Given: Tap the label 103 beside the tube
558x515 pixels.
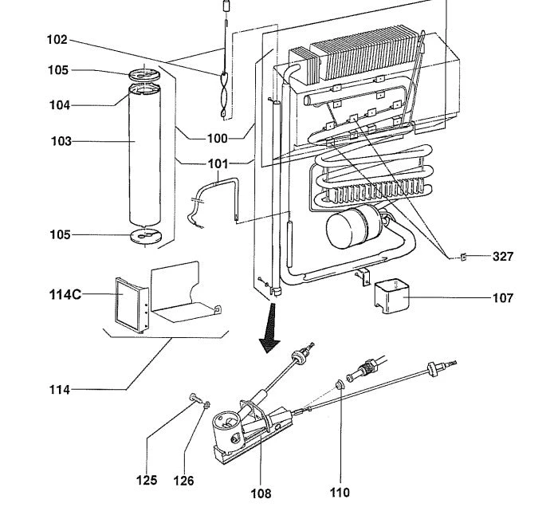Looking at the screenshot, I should (x=61, y=141).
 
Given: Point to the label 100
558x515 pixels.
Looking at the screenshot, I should (x=217, y=138).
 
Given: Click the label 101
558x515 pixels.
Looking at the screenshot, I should (x=217, y=164).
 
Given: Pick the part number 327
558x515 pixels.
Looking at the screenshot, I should (x=503, y=257).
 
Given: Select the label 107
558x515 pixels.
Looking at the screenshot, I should (x=503, y=298).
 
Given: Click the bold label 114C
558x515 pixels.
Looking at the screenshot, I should (x=66, y=294).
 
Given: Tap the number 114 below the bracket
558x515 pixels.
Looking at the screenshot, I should (x=59, y=390).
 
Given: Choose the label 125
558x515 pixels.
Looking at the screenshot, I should (x=147, y=480).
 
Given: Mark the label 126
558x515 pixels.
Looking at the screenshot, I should (x=183, y=480).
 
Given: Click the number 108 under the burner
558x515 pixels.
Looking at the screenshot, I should (x=261, y=493).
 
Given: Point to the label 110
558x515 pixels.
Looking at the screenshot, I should (x=339, y=492).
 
